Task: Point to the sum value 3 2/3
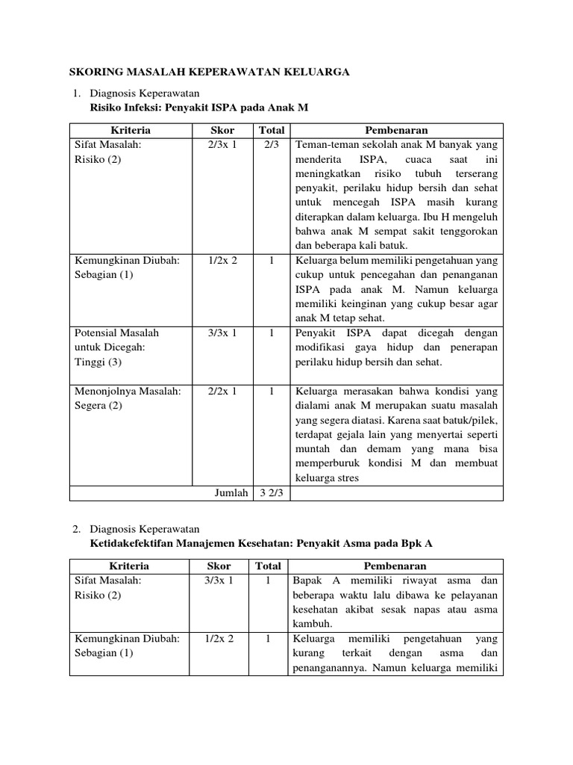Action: click(270, 493)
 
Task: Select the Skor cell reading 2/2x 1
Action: click(222, 391)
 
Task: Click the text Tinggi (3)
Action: click(98, 362)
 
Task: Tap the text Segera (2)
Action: click(98, 406)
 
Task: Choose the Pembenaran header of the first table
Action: click(396, 131)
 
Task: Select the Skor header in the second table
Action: click(220, 566)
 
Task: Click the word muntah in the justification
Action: click(313, 449)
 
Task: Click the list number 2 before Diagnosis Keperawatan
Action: click(76, 529)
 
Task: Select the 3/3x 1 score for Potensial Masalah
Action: click(222, 332)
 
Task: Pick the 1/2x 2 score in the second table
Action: click(222, 639)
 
